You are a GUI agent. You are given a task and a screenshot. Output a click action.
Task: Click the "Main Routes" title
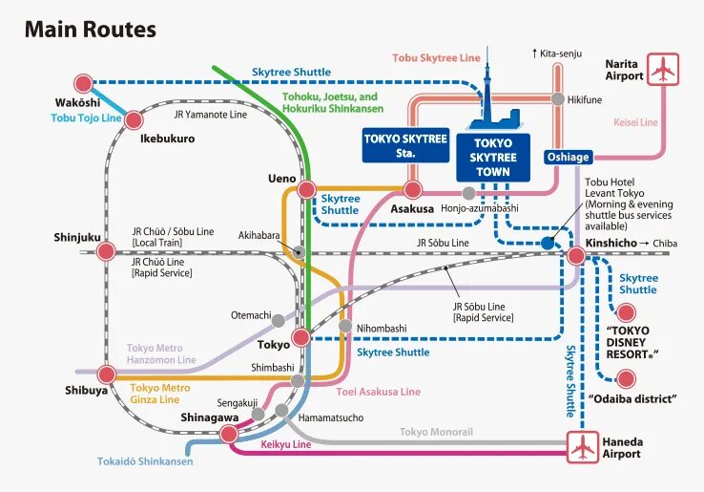click(90, 30)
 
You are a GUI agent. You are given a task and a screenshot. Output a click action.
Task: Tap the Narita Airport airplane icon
click(664, 70)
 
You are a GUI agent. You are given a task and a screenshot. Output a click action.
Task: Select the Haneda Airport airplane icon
click(582, 446)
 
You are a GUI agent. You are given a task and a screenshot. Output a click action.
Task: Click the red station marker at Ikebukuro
click(134, 119)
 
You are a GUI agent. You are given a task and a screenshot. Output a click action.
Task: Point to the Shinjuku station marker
click(106, 251)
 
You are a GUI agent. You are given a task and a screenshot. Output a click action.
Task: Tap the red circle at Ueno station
click(306, 190)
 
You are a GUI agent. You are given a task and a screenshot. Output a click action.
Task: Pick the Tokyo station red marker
click(300, 337)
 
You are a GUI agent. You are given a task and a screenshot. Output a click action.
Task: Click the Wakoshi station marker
click(83, 83)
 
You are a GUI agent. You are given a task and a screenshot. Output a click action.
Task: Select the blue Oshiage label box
click(568, 157)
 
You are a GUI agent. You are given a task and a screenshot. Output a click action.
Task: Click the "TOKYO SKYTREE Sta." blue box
click(405, 144)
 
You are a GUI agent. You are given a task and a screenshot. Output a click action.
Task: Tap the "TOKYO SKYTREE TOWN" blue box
click(492, 158)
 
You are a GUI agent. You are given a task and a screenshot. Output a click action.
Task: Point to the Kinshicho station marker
click(576, 256)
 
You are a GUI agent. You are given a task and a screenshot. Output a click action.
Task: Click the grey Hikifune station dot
click(557, 98)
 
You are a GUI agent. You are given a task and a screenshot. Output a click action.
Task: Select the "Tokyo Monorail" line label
click(436, 432)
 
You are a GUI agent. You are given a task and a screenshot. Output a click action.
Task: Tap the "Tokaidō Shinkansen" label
click(145, 461)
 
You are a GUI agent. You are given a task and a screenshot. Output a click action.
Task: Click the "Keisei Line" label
click(635, 122)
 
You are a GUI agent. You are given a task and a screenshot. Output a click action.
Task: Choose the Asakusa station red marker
click(413, 189)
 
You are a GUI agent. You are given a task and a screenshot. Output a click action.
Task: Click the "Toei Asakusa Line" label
click(378, 392)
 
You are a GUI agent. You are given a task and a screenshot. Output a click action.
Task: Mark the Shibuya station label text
click(85, 389)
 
